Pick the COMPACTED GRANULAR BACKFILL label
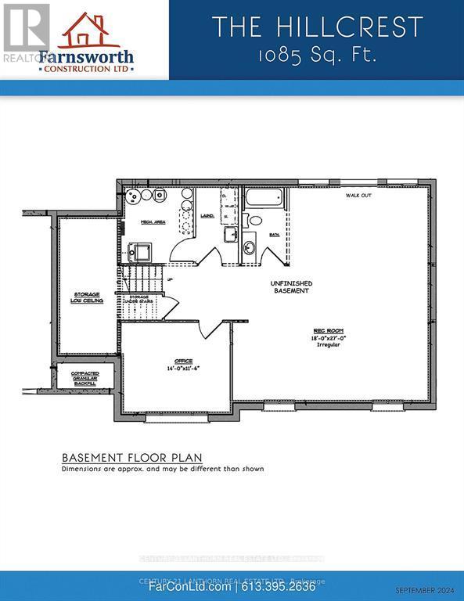pyautogui.click(x=85, y=379)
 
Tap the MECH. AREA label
pyautogui.click(x=152, y=222)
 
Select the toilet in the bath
pyautogui.click(x=250, y=220)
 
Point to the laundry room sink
pyautogui.click(x=230, y=233)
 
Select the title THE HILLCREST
pyautogui.click(x=316, y=27)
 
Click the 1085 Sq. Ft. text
pyautogui.click(x=316, y=57)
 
